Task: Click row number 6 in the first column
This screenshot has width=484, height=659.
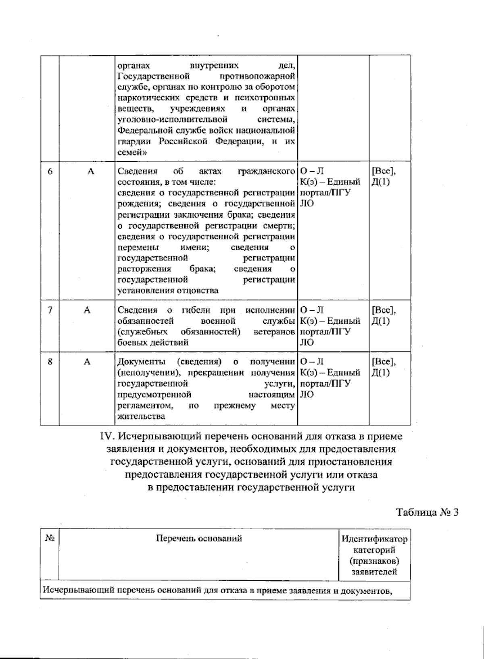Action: point(50,171)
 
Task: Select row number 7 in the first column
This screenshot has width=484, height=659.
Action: point(50,310)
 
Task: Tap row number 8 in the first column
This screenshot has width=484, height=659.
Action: point(50,362)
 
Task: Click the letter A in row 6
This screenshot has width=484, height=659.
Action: point(91,171)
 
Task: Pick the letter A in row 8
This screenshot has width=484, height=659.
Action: point(87,362)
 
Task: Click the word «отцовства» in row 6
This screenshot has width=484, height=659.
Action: point(198,291)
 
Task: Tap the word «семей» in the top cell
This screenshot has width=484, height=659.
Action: point(130,153)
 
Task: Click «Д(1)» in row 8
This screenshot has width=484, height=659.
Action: point(381,372)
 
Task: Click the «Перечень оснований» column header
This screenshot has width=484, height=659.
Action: point(199,538)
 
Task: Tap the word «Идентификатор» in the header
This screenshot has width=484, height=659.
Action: point(374,539)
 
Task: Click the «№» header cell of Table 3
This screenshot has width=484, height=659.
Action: point(50,538)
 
